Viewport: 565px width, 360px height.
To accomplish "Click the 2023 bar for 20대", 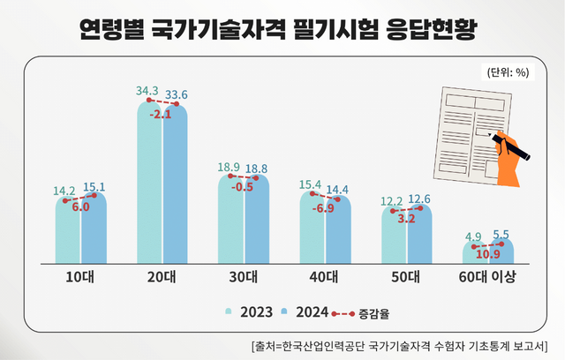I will [149, 185].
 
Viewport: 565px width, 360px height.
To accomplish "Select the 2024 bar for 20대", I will [177, 185].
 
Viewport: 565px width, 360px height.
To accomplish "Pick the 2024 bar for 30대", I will [258, 221].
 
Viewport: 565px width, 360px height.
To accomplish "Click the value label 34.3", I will [147, 91].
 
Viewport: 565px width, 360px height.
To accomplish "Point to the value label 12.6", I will [418, 199].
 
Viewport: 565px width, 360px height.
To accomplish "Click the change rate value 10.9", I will [487, 256].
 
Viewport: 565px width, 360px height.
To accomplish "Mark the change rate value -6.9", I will [324, 208].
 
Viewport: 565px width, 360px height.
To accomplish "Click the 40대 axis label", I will [325, 277].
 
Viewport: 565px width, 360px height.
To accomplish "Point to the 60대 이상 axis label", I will [487, 277].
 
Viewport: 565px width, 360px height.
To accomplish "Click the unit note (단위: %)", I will [507, 72].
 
